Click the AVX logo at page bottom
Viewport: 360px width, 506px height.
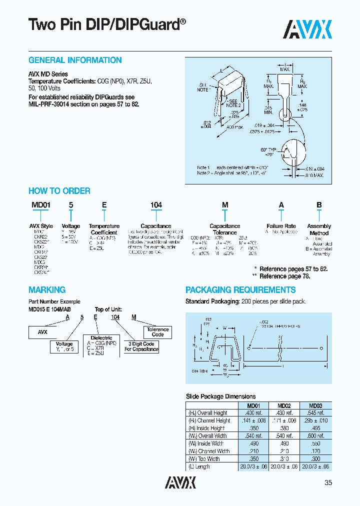click(x=180, y=482)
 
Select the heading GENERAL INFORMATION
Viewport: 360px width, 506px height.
click(x=75, y=60)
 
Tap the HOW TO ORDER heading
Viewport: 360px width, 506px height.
click(x=59, y=191)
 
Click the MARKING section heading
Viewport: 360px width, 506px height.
click(x=47, y=290)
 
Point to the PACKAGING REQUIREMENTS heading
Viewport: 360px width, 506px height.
click(x=240, y=290)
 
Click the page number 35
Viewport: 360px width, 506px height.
click(x=327, y=482)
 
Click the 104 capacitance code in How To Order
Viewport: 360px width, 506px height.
click(x=156, y=205)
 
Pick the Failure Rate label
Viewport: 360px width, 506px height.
click(x=281, y=226)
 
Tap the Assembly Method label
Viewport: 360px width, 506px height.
click(x=319, y=229)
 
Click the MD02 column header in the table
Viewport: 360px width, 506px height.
click(x=284, y=405)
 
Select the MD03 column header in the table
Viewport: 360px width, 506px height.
click(x=315, y=405)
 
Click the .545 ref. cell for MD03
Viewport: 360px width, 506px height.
click(x=315, y=413)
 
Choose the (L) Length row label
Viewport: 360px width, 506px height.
click(x=198, y=466)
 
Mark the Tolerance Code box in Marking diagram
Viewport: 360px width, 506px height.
click(x=158, y=332)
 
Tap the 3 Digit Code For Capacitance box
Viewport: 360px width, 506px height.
click(x=141, y=346)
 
